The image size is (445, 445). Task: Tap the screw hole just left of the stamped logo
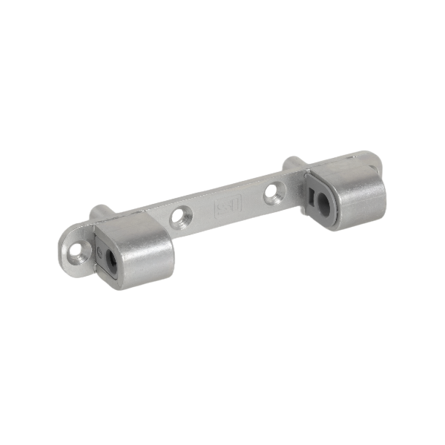(179, 217)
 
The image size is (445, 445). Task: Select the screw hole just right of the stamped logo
(274, 193)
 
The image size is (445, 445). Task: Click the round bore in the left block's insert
(111, 259)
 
